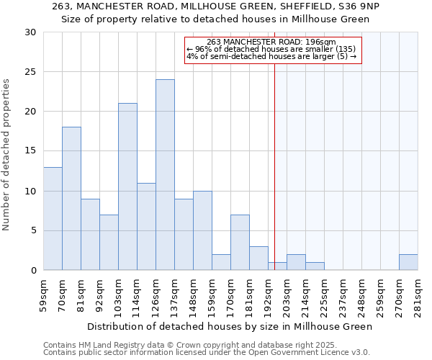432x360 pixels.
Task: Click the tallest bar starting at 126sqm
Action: pyautogui.click(x=165, y=175)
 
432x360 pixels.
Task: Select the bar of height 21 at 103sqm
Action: pyautogui.click(x=127, y=186)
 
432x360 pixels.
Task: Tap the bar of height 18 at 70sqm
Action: pyautogui.click(x=71, y=199)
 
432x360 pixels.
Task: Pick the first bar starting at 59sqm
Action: pyautogui.click(x=53, y=218)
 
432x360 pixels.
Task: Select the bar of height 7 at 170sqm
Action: pyautogui.click(x=240, y=243)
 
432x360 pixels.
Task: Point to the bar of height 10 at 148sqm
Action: pyautogui.click(x=202, y=230)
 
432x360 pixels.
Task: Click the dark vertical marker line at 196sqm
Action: pyautogui.click(x=274, y=166)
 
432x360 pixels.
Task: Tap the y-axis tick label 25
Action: pyautogui.click(x=30, y=72)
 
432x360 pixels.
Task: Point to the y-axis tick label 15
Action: pyautogui.click(x=30, y=151)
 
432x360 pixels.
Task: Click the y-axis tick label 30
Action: pyautogui.click(x=30, y=32)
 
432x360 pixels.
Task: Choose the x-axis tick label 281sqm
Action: pyautogui.click(x=420, y=294)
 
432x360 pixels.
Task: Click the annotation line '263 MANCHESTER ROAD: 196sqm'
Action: pyautogui.click(x=271, y=42)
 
